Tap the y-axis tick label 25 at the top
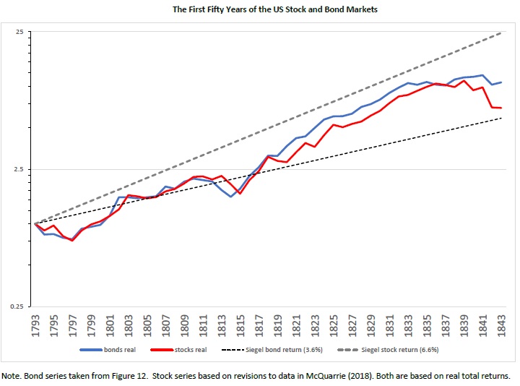click(19, 33)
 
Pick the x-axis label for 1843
click(501, 325)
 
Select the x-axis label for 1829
click(370, 325)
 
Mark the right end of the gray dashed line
click(501, 33)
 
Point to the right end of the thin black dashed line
click(501, 118)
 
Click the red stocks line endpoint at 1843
click(501, 108)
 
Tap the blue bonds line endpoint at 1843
click(501, 82)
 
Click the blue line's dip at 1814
click(231, 197)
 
